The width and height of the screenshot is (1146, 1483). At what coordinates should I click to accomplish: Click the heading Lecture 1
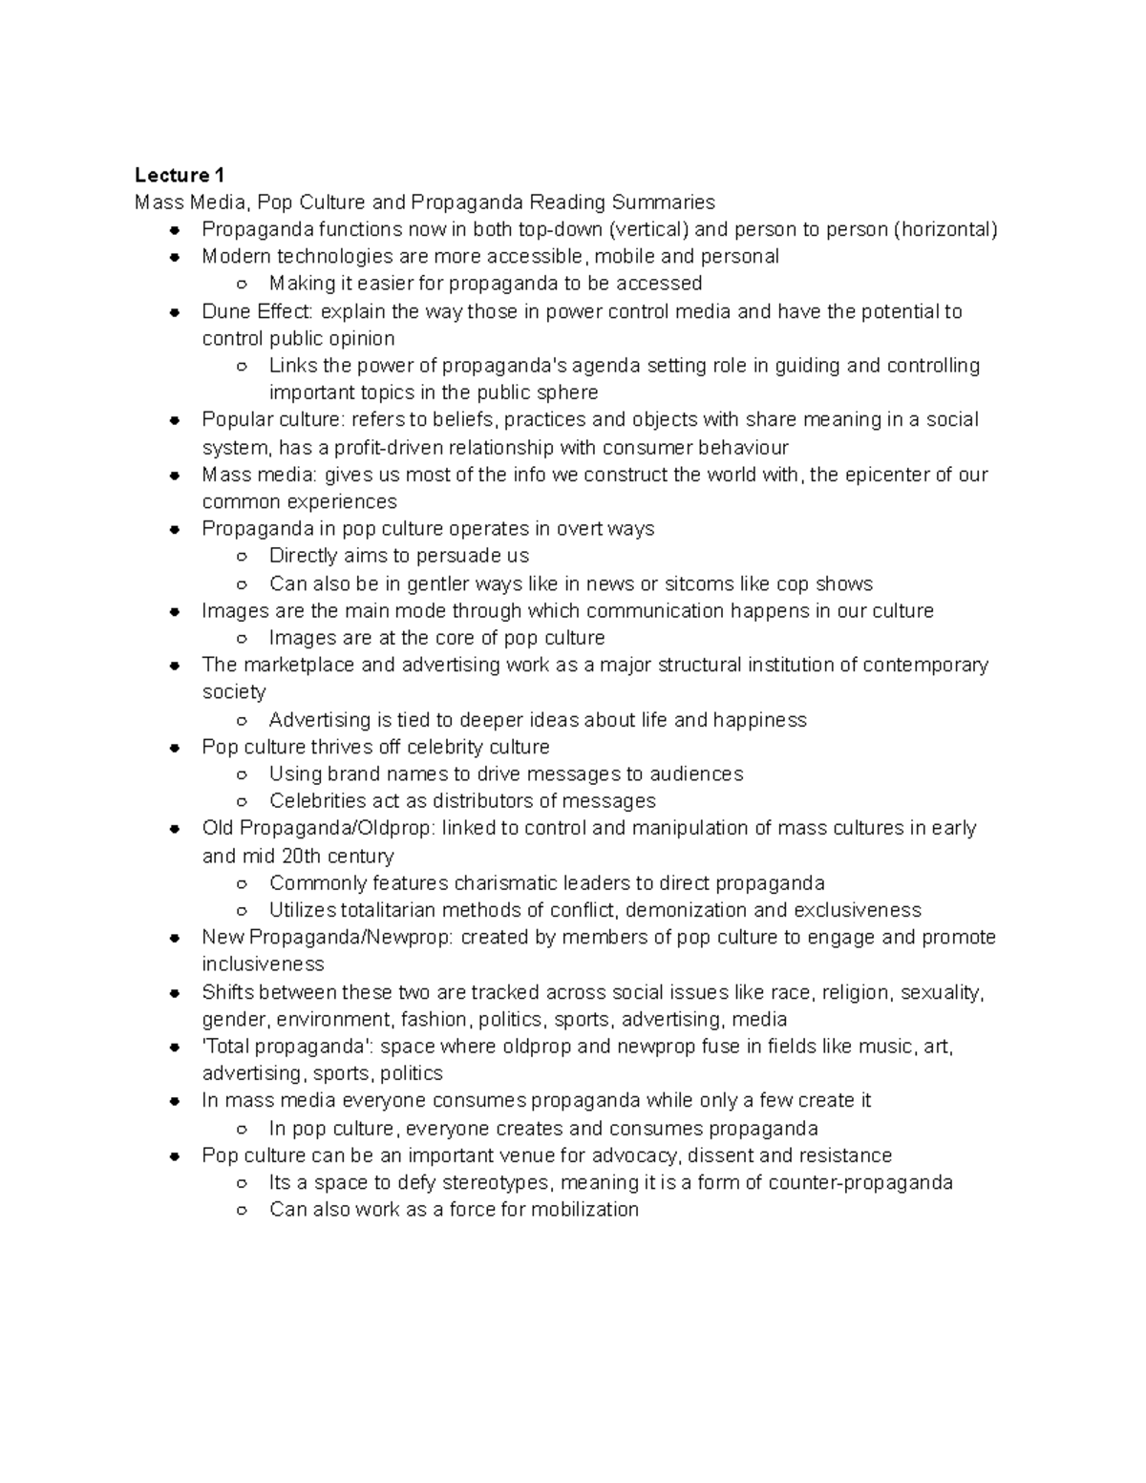click(180, 175)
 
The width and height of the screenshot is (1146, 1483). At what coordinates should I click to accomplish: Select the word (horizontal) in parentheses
click(944, 229)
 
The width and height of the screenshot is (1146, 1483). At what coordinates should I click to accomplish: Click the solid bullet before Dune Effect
click(175, 312)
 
